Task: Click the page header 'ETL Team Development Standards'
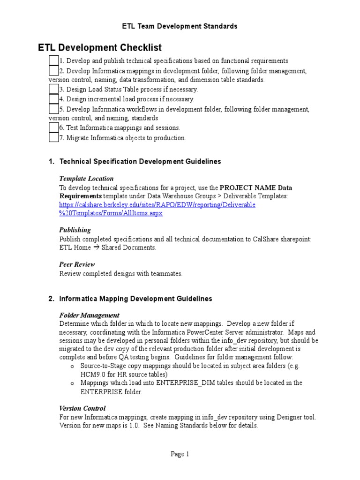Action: tap(180, 26)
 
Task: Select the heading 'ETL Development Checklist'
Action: tap(99, 48)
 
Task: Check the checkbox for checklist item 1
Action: tap(53, 60)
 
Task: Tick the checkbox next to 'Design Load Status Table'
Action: tap(53, 89)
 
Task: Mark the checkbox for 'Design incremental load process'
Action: tap(53, 99)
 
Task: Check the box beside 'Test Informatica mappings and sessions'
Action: tap(53, 127)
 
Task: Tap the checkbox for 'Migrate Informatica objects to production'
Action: tap(53, 137)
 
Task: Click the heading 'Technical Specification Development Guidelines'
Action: tap(140, 162)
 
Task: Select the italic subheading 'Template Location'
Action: tap(86, 179)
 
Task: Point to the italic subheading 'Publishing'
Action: tap(75, 230)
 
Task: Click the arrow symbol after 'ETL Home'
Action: tap(96, 247)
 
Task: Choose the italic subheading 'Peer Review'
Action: tap(77, 264)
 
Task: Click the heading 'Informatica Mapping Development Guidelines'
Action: tap(135, 299)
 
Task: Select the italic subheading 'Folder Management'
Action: tap(89, 315)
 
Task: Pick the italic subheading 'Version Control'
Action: tap(82, 408)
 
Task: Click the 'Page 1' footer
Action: tap(180, 454)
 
